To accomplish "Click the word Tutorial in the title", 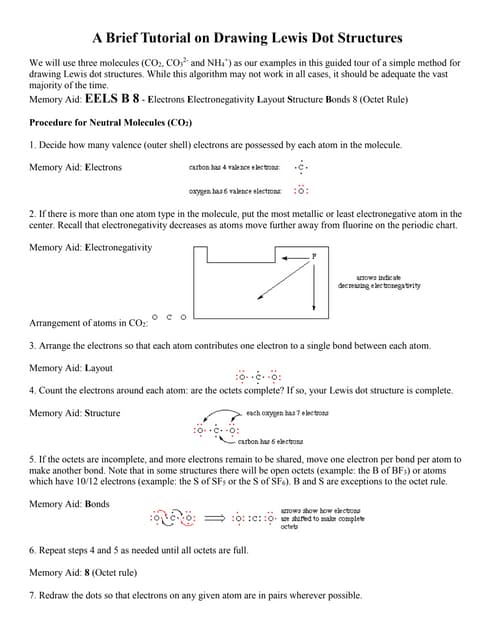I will pyautogui.click(x=176, y=38).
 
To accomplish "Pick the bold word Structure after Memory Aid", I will pyautogui.click(x=103, y=413).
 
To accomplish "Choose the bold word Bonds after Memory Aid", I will pyautogui.click(x=98, y=503).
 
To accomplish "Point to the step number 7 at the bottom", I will pyautogui.click(x=33, y=595).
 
